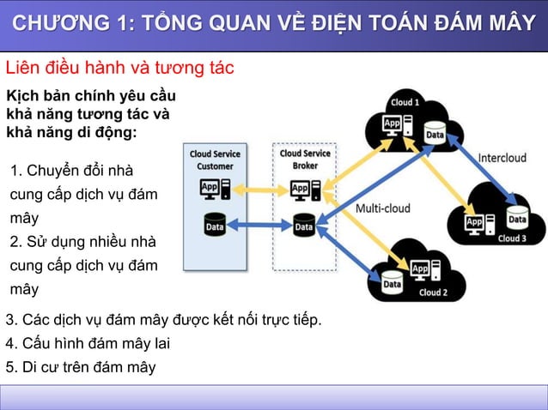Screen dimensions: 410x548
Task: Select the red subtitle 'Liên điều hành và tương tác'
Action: point(120,68)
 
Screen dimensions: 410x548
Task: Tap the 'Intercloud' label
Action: point(502,158)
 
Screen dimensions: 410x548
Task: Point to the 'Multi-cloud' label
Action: point(382,208)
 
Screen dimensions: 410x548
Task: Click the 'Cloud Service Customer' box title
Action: point(215,160)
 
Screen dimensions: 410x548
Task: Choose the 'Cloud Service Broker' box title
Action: point(305,160)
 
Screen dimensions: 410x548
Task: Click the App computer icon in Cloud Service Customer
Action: point(215,188)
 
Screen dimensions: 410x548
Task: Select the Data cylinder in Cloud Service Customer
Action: point(215,226)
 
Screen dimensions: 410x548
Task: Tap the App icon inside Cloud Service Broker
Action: point(305,188)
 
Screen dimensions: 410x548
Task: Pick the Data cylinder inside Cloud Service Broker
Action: point(304,226)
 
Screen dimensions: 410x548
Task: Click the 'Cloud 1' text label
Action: point(405,103)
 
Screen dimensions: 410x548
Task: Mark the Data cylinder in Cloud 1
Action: point(435,134)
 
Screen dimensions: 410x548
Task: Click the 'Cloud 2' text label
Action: point(434,292)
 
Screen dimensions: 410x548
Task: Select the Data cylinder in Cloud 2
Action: point(393,281)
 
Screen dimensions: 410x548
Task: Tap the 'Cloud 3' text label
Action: point(513,238)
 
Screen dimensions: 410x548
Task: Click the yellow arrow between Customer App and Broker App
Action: point(259,188)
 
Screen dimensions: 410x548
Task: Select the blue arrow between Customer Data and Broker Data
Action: point(259,226)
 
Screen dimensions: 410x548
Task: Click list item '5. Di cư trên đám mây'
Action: point(81,367)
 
